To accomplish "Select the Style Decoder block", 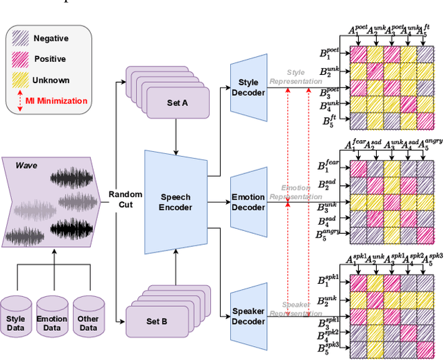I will tap(248, 89).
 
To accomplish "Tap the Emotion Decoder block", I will tap(248, 201).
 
